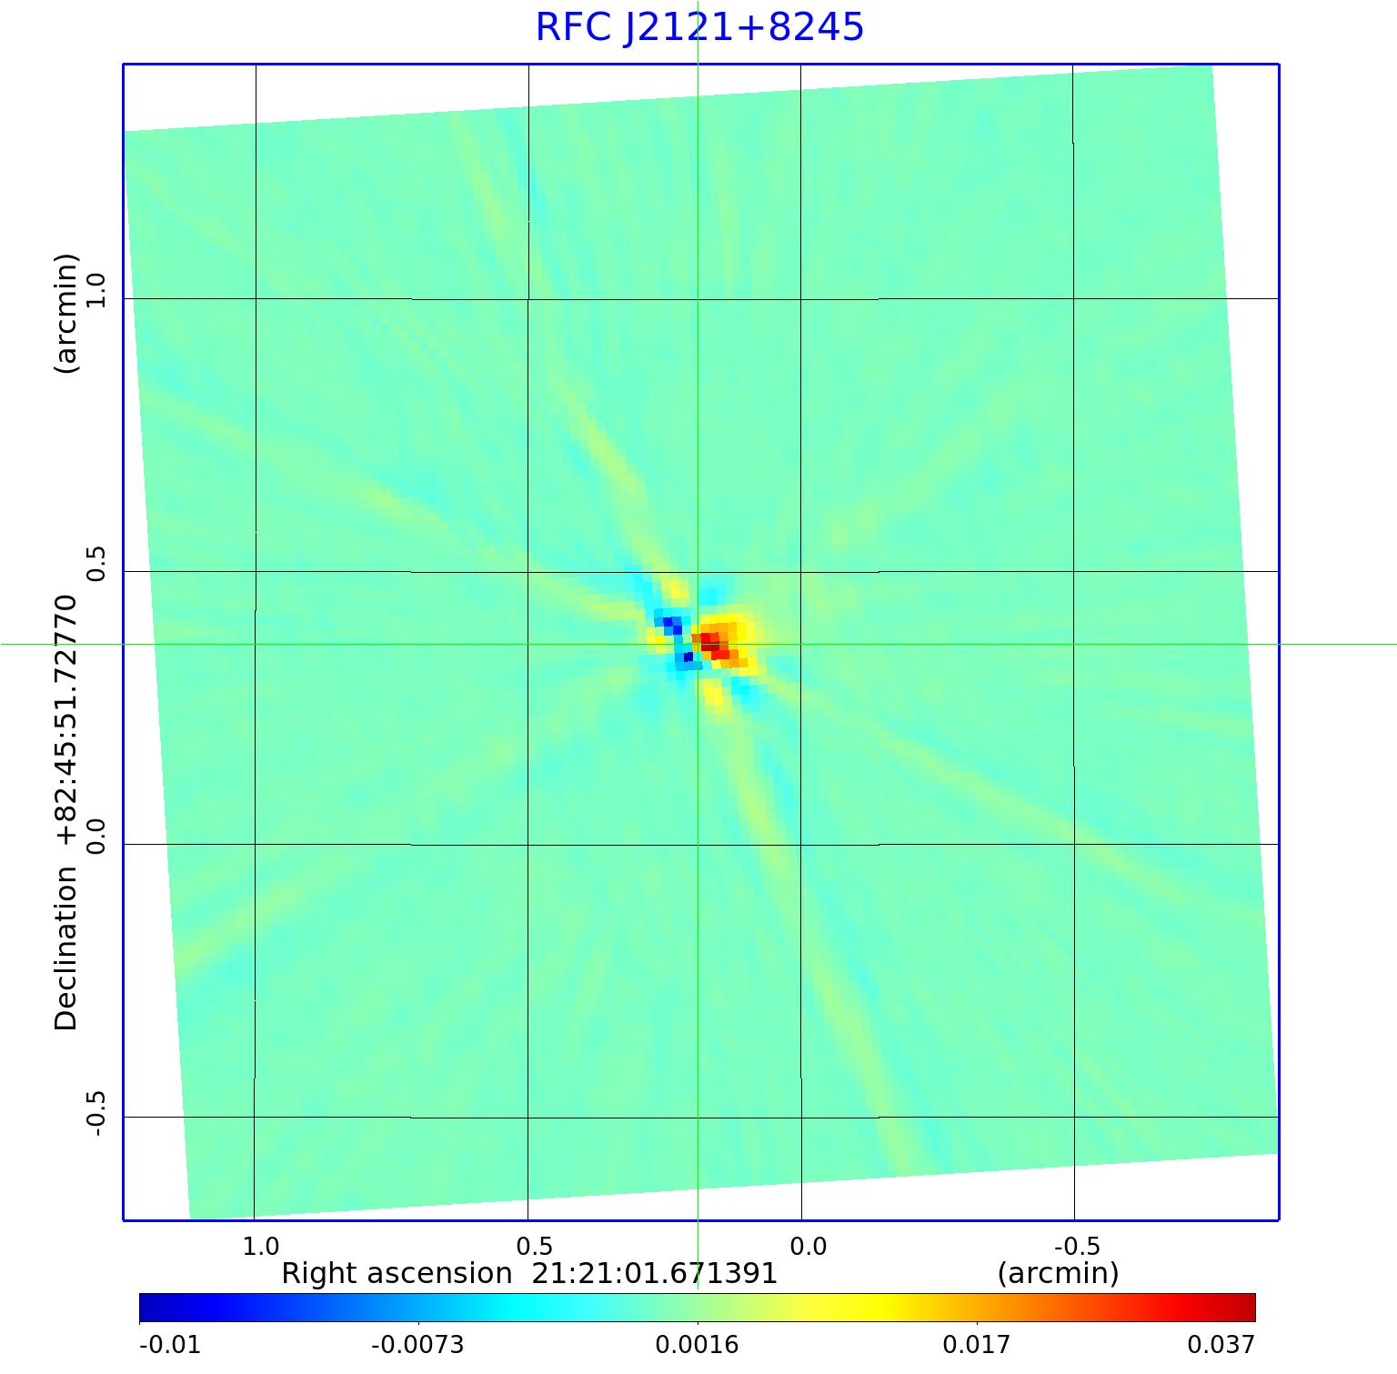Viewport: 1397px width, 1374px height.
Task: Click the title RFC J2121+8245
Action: point(698,27)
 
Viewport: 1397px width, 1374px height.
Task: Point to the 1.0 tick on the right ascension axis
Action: point(262,1245)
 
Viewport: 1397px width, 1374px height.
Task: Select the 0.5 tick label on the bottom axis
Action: point(535,1245)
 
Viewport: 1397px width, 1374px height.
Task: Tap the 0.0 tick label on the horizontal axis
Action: point(808,1245)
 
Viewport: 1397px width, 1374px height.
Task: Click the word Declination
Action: point(66,948)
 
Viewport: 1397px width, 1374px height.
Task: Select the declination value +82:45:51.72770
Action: point(66,722)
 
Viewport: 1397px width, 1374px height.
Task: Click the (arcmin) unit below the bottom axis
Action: point(1058,1273)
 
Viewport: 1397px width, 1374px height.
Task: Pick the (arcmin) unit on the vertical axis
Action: point(66,314)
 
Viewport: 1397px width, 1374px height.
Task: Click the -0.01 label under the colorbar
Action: point(169,1345)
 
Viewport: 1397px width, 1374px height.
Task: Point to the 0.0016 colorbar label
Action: point(697,1345)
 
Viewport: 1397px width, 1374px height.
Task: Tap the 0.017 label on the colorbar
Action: point(976,1345)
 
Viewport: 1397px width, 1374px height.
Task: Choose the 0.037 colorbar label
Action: point(1221,1345)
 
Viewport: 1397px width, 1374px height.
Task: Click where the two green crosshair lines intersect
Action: point(698,644)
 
